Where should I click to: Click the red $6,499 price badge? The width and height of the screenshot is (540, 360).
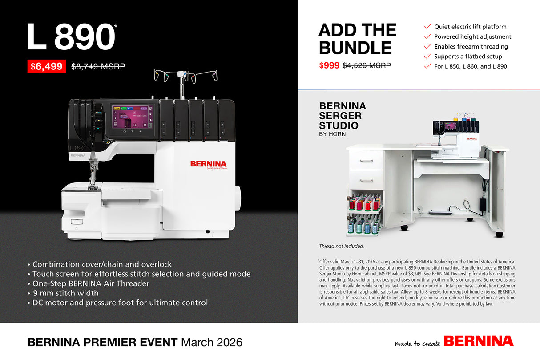click(46, 66)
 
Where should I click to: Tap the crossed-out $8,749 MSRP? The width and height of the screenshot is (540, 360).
click(98, 66)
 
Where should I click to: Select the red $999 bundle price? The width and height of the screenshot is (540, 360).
click(329, 65)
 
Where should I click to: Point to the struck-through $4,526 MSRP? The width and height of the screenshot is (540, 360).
click(367, 65)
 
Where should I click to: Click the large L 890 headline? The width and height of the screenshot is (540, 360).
click(70, 36)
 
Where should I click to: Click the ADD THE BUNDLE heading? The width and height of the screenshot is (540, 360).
click(357, 39)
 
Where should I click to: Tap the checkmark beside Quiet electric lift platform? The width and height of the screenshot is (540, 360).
click(427, 27)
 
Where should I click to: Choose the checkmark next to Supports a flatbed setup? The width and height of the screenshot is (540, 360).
click(427, 56)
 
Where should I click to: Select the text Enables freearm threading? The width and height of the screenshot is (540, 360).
click(471, 46)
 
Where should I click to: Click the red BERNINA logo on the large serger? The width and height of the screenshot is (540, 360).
click(208, 164)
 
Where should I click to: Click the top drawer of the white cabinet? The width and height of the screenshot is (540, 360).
click(366, 160)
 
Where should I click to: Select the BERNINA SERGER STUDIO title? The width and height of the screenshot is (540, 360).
click(343, 116)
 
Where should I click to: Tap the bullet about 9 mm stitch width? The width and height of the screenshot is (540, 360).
click(65, 293)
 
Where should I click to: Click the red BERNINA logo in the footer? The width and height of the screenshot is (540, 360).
click(478, 341)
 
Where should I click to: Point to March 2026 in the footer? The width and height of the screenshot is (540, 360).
click(212, 342)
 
